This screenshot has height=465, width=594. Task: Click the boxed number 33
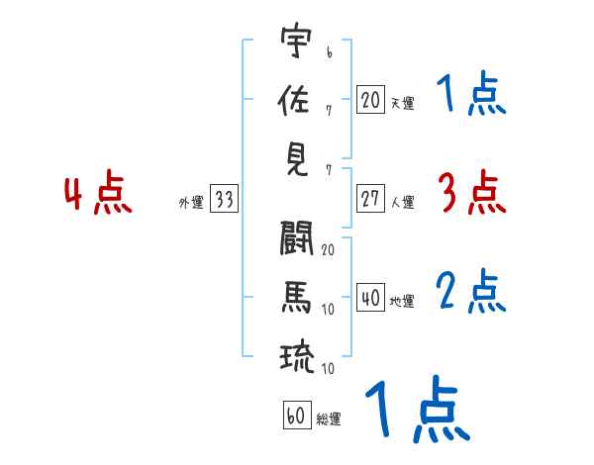(224, 200)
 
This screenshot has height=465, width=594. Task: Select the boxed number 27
(370, 198)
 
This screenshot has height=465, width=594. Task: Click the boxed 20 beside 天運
(370, 99)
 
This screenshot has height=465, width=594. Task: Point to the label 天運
(402, 103)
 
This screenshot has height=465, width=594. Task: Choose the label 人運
(402, 202)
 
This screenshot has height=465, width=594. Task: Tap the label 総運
(329, 419)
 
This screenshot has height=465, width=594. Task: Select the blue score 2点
(471, 292)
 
